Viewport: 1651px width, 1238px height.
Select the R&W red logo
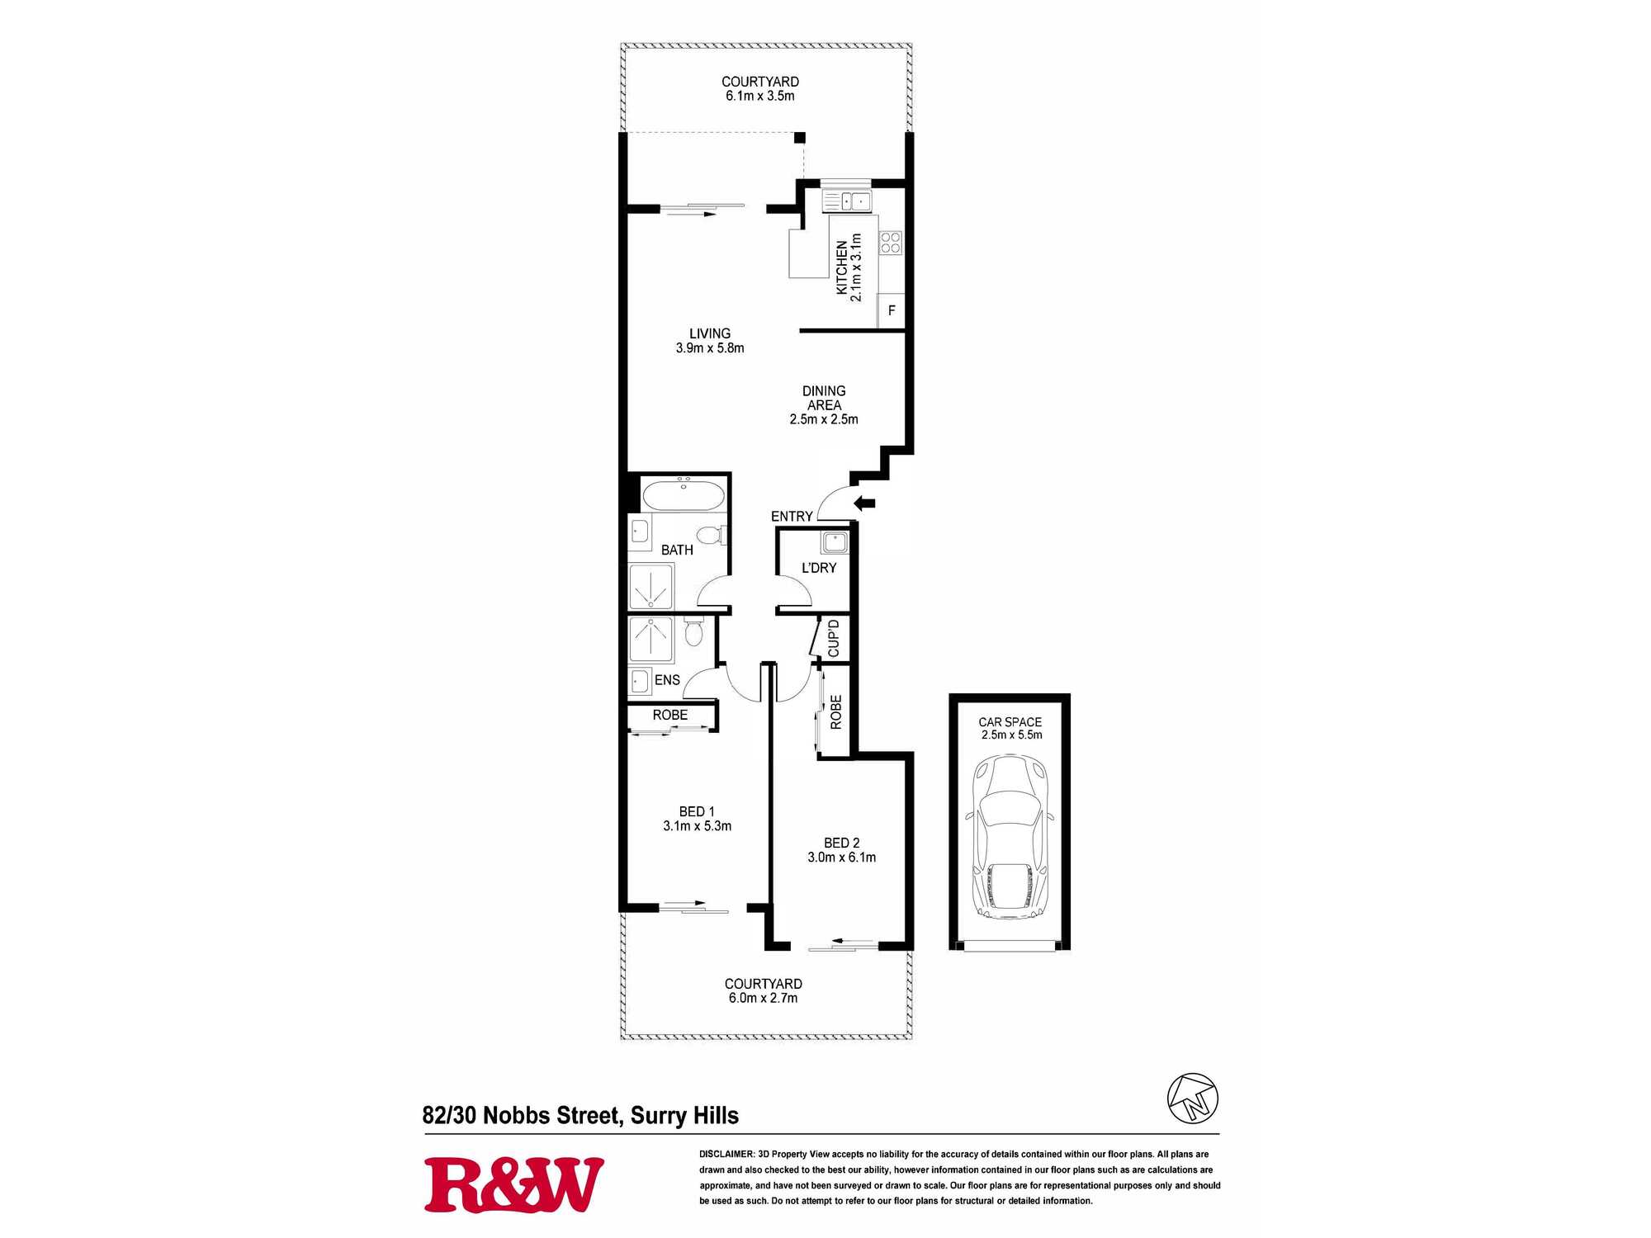pos(513,1185)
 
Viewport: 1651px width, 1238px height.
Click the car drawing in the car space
pos(1010,836)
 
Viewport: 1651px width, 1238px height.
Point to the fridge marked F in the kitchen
pos(891,311)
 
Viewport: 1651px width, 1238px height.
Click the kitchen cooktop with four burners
pos(891,243)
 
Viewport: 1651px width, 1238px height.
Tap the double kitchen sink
pos(847,201)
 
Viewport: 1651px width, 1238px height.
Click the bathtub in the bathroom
pos(684,496)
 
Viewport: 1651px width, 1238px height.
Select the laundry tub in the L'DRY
pos(835,542)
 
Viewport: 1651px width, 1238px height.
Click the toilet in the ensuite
pos(693,632)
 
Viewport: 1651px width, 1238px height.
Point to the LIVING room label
pos(710,333)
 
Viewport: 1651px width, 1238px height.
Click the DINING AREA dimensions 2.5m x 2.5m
pos(824,419)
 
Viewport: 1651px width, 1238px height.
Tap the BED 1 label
pos(697,812)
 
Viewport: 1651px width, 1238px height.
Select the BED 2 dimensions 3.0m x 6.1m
pos(842,858)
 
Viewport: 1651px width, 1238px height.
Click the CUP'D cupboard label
pos(834,638)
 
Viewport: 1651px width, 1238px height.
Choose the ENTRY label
pos(792,517)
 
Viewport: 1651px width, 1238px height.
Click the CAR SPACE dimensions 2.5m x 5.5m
pos(1011,735)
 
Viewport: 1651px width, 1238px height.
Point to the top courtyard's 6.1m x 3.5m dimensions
pos(760,96)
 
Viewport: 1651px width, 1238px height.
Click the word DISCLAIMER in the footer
pos(726,1154)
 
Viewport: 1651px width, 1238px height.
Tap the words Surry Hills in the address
pos(684,1116)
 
